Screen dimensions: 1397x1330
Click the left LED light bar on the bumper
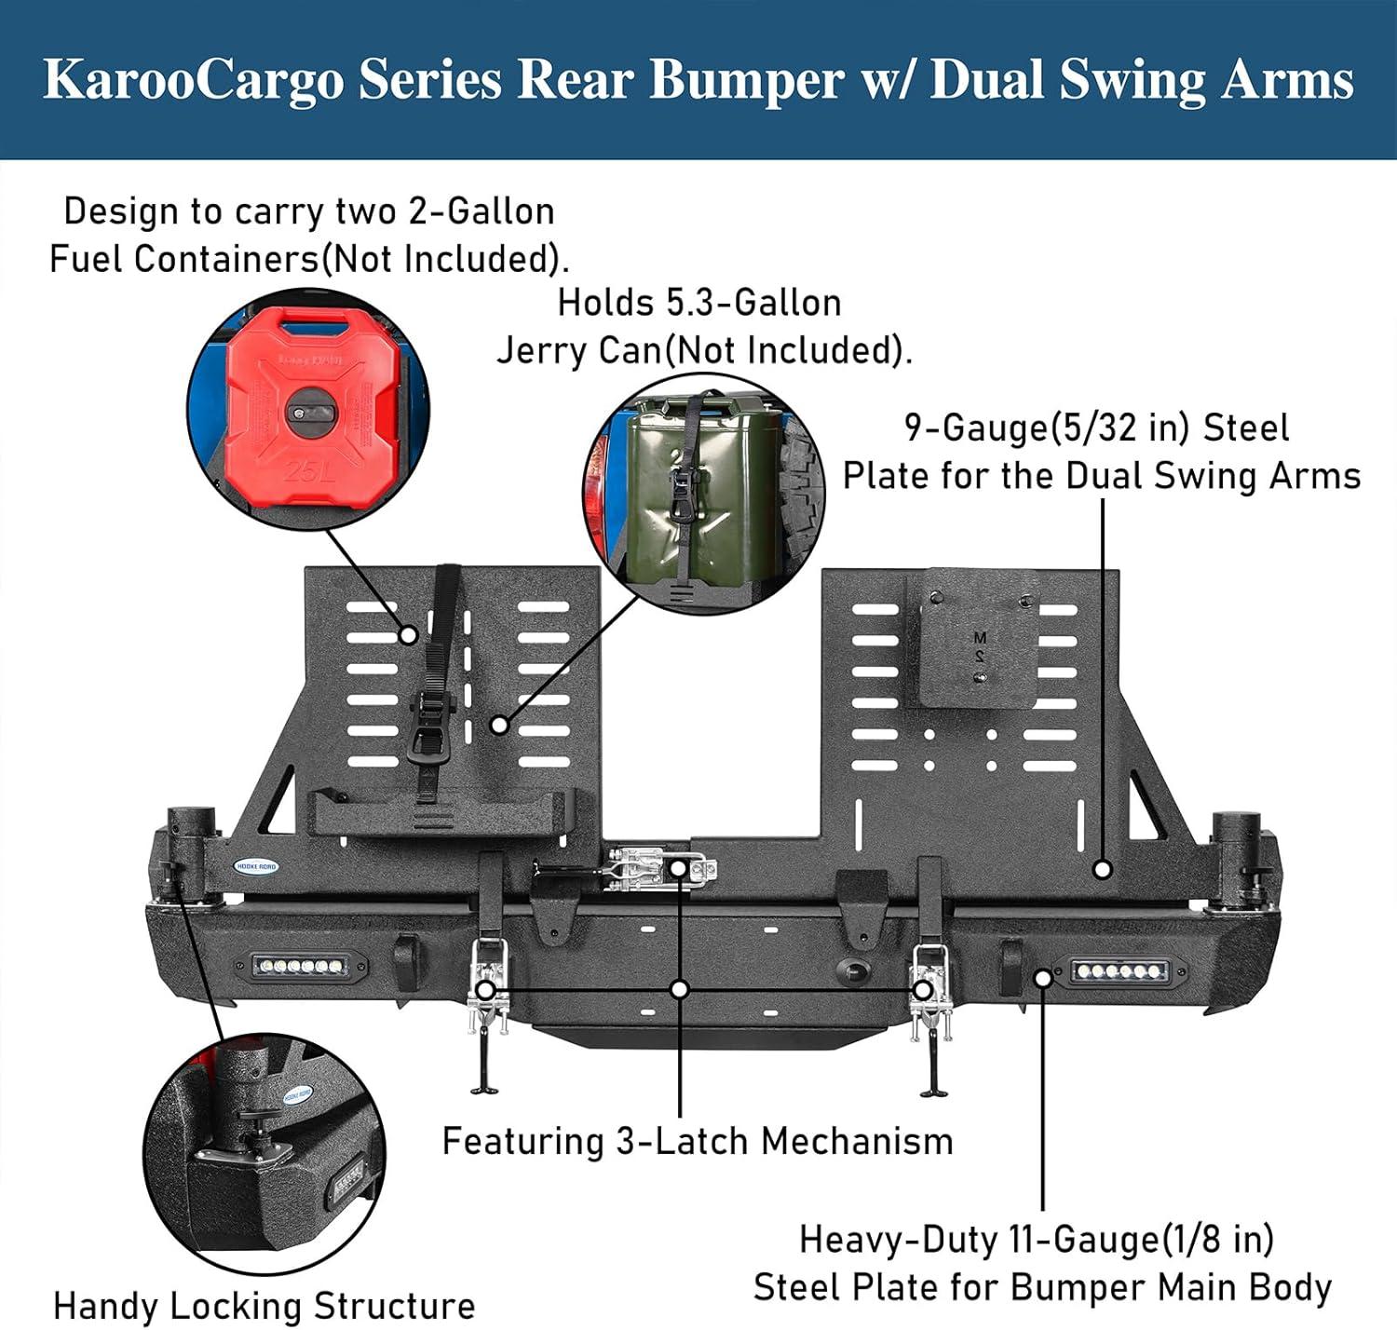[300, 966]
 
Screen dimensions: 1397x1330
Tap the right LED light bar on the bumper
[1119, 971]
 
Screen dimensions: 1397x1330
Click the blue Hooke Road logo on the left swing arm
[256, 866]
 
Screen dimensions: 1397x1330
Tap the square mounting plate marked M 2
[971, 638]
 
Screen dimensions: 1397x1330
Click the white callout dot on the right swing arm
[1102, 869]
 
